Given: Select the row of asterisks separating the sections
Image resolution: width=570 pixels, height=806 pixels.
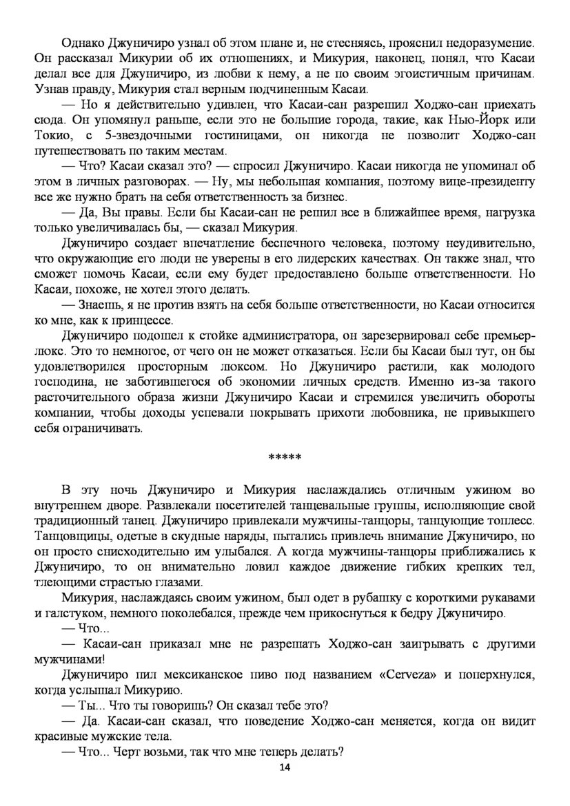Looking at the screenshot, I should (x=285, y=458).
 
